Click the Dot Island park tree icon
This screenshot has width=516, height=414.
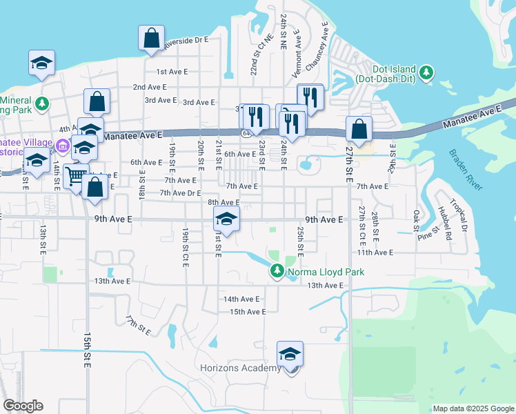[x=426, y=71]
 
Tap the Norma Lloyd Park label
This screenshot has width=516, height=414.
[x=326, y=272]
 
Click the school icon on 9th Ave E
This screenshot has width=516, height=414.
[x=226, y=219]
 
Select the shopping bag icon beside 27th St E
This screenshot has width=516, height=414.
[x=359, y=128]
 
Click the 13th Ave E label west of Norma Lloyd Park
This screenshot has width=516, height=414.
[x=112, y=281]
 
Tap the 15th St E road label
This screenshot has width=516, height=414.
[x=88, y=352]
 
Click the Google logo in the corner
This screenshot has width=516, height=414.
[x=23, y=406]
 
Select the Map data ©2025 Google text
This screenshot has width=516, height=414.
[x=473, y=408]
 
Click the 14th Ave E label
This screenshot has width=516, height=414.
[x=241, y=299]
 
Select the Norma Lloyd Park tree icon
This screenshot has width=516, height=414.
[x=277, y=270]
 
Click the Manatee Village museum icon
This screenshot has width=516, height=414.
[x=62, y=145]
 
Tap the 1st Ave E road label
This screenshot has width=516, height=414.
[x=172, y=72]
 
